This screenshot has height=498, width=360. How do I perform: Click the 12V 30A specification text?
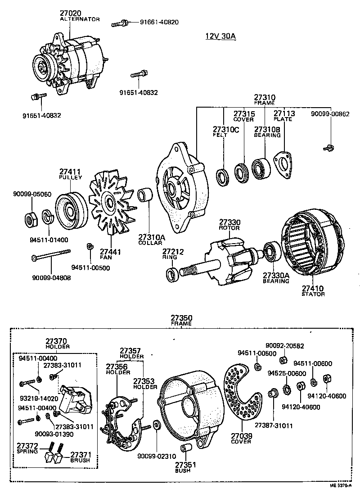(x=220, y=36)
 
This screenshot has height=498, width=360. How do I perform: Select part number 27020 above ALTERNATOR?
(x=71, y=14)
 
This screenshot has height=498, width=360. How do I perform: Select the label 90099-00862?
(x=330, y=114)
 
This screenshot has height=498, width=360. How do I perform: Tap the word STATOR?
(x=313, y=294)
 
